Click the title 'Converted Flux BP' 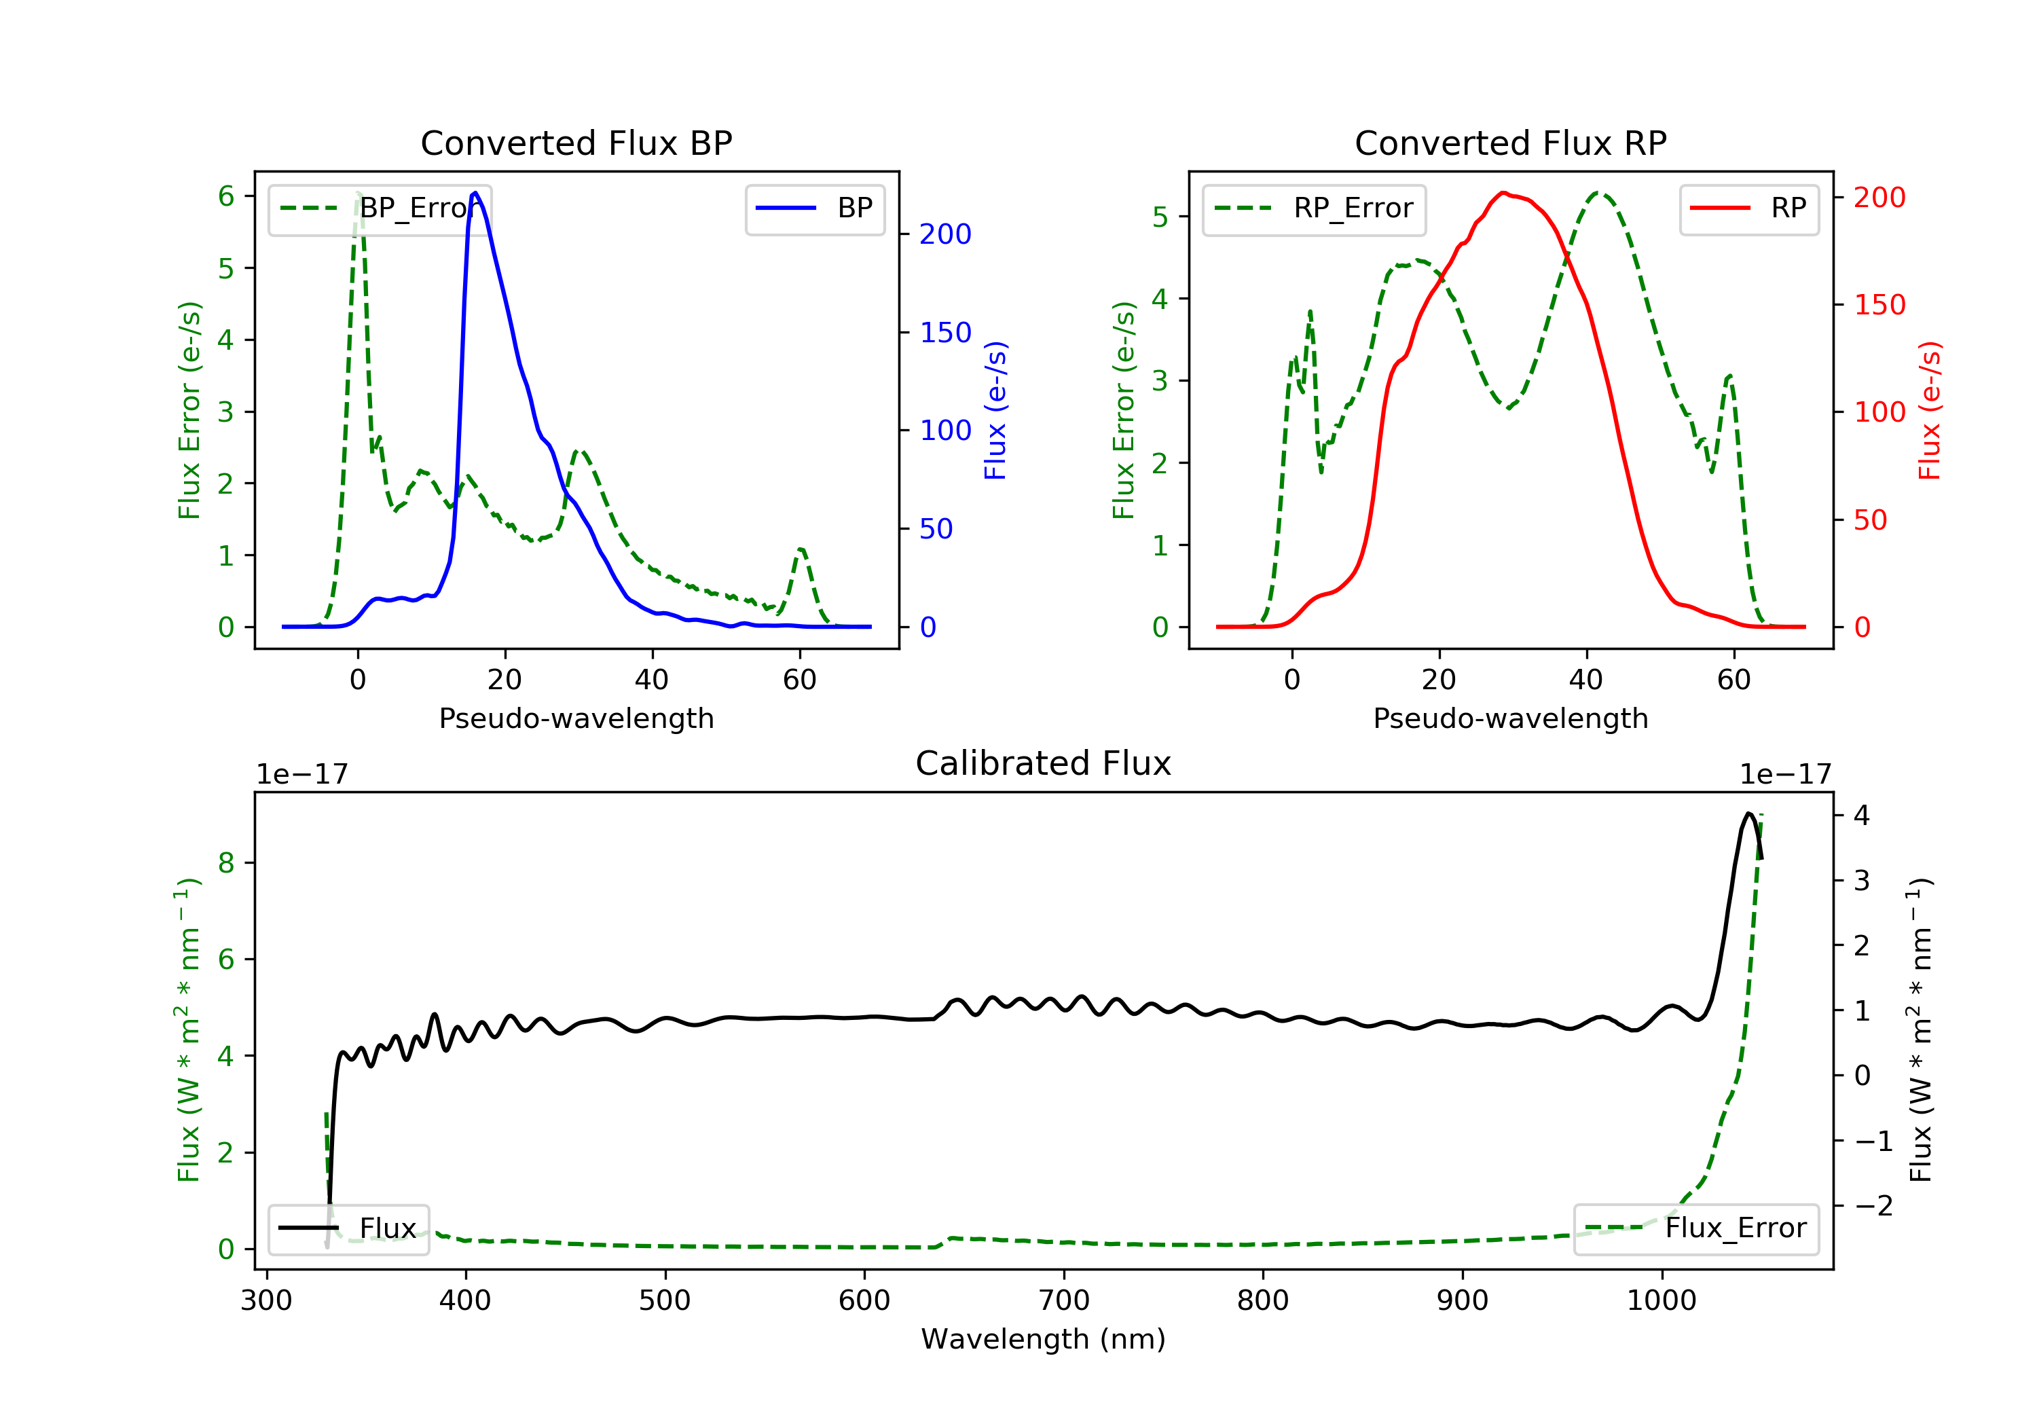(x=576, y=143)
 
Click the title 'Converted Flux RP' (x=1510, y=143)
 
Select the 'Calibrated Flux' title (x=1044, y=763)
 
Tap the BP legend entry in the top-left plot (x=814, y=208)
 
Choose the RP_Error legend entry (x=1313, y=208)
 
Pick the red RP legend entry (x=1748, y=208)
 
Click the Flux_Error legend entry (x=1695, y=1228)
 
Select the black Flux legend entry (x=348, y=1228)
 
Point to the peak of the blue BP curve (x=475, y=193)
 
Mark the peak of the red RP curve (x=1503, y=193)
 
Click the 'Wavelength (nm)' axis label (x=1044, y=1338)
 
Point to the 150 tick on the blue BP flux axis (x=946, y=333)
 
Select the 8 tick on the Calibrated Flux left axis (x=226, y=862)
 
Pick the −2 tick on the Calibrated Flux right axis (x=1873, y=1205)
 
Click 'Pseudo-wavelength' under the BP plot (x=576, y=718)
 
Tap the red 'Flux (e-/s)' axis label (x=1929, y=410)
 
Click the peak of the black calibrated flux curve (x=1748, y=813)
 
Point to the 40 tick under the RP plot (x=1586, y=680)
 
